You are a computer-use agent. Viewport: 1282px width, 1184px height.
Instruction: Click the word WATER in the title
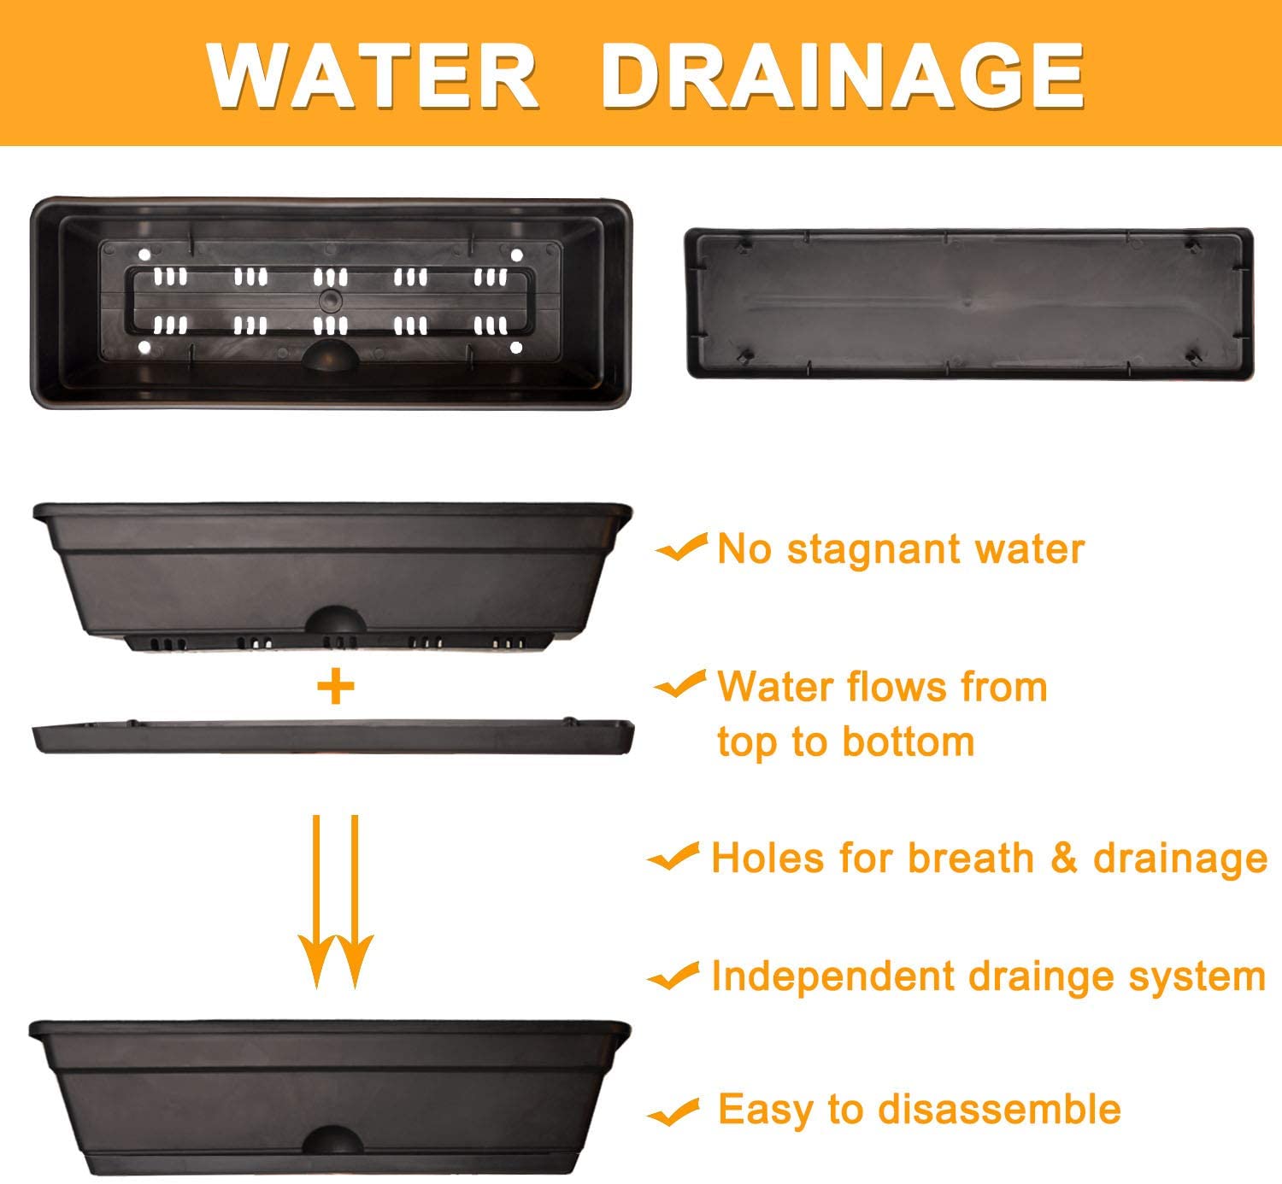coord(373,76)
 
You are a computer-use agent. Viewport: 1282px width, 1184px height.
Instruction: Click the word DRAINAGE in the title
coord(843,76)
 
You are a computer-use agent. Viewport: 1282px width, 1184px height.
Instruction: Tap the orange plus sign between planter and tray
coord(336,687)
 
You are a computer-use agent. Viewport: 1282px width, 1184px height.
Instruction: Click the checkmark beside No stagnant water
coord(682,548)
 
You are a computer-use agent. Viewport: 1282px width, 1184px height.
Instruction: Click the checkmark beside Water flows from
coord(680,684)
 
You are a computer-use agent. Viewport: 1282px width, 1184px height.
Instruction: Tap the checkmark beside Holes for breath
coord(673,857)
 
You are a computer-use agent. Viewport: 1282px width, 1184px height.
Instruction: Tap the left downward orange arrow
coord(316,902)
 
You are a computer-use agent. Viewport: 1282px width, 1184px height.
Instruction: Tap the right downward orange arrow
coord(355,902)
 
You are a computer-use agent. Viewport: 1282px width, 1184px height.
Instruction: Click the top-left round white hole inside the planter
coord(144,255)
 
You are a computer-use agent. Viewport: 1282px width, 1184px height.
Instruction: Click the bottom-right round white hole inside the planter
coord(516,348)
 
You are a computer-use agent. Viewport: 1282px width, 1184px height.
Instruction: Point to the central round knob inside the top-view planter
coord(331,299)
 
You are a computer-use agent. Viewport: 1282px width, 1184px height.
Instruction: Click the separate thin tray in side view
coord(333,736)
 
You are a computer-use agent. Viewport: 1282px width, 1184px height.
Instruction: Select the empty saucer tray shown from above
coord(969,302)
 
